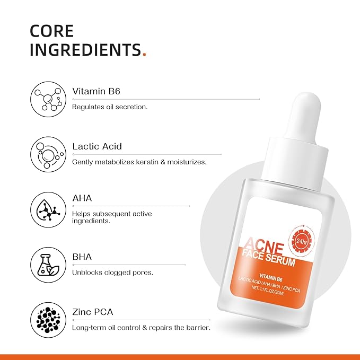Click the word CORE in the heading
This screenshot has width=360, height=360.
[51, 30]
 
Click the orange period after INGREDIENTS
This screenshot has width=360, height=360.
[145, 54]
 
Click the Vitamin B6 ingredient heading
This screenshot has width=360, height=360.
[96, 91]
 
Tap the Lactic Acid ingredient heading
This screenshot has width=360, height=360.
[97, 146]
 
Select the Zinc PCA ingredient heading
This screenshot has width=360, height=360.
[93, 312]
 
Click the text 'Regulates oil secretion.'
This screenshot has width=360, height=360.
[110, 107]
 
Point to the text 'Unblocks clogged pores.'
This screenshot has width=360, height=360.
[112, 273]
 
